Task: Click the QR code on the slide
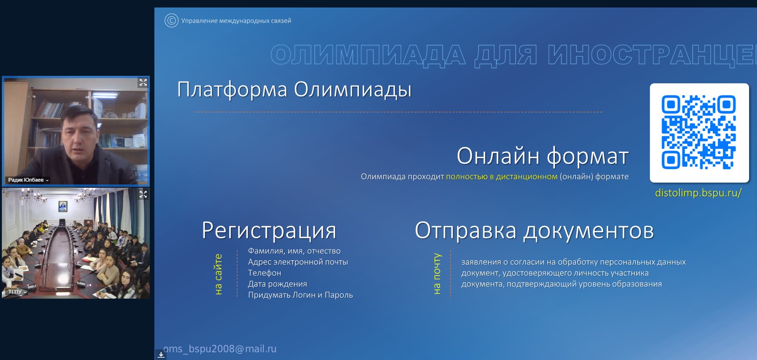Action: tap(699, 132)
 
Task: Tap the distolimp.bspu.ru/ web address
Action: tap(698, 193)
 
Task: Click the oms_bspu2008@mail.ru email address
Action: tap(220, 349)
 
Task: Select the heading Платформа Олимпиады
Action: tap(294, 90)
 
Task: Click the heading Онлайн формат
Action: tap(542, 156)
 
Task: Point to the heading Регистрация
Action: tap(269, 230)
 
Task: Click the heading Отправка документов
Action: tap(534, 230)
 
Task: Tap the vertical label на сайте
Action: tap(218, 274)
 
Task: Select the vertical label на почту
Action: tap(437, 274)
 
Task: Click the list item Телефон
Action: tap(265, 273)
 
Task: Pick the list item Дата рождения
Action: tap(277, 284)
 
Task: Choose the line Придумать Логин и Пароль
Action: tap(300, 295)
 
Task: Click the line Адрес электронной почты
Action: tap(298, 262)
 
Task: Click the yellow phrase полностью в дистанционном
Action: tap(502, 177)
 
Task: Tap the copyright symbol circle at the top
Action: tap(171, 20)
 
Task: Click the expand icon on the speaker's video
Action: tap(143, 82)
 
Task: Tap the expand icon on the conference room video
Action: tap(143, 194)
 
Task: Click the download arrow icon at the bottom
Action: tap(161, 354)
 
